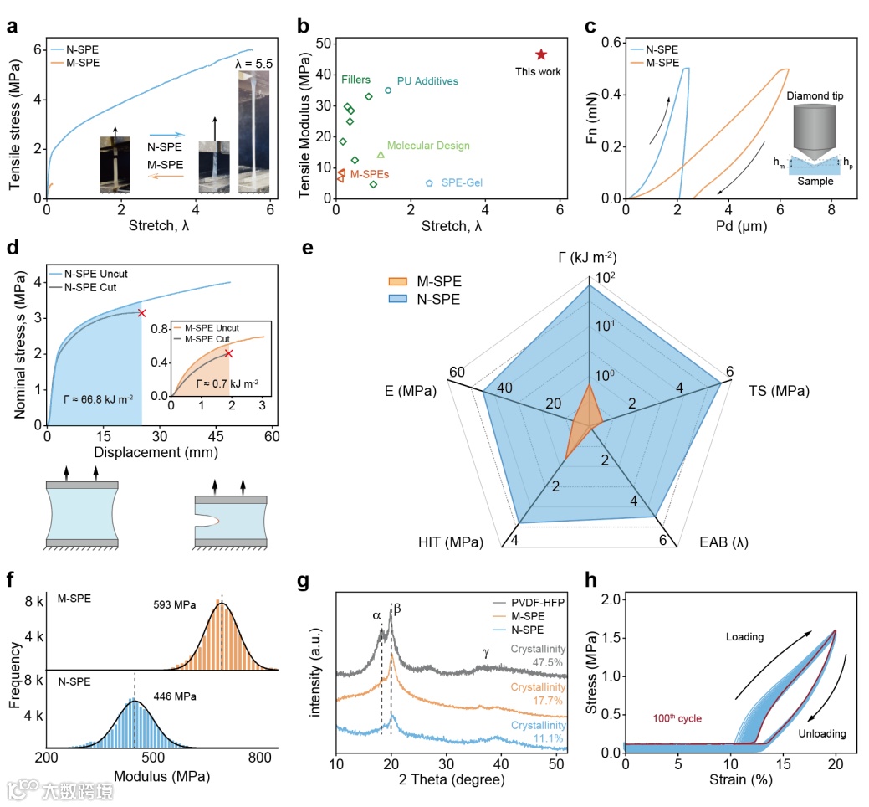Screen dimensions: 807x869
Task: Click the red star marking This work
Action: pyautogui.click(x=541, y=54)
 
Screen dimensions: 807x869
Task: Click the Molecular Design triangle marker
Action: pyautogui.click(x=381, y=154)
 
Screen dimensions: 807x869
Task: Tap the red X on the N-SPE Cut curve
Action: pyautogui.click(x=141, y=313)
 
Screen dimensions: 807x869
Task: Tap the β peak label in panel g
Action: pyautogui.click(x=397, y=609)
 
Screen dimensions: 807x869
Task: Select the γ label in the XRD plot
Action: pyautogui.click(x=486, y=652)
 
